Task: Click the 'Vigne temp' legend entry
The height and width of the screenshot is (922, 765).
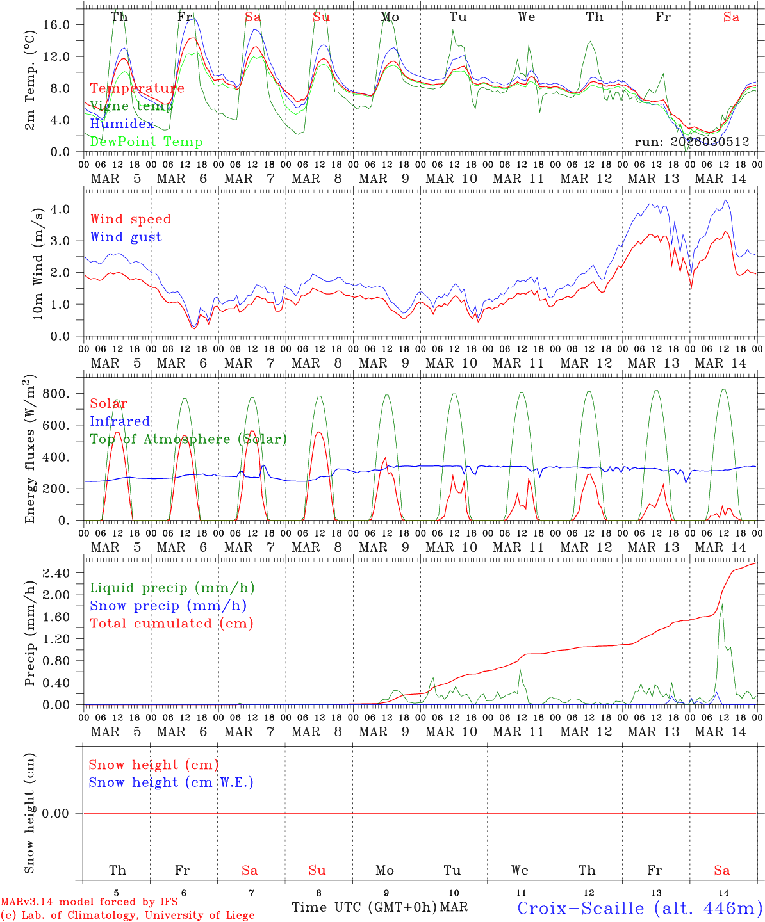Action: click(x=127, y=106)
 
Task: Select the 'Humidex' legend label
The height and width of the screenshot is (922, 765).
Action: click(x=122, y=124)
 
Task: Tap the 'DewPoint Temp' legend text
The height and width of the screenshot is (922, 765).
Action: click(x=146, y=142)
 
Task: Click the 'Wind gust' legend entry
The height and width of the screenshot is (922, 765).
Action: click(x=126, y=237)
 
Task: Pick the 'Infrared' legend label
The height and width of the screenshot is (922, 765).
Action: click(x=120, y=421)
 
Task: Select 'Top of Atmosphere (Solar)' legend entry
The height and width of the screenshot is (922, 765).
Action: click(x=188, y=439)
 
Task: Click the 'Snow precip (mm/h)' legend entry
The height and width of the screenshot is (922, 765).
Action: click(x=168, y=606)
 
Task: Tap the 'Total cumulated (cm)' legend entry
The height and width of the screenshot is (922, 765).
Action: click(x=171, y=624)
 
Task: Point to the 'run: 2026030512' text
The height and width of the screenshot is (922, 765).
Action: click(x=691, y=142)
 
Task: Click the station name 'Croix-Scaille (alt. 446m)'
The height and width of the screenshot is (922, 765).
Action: click(x=639, y=908)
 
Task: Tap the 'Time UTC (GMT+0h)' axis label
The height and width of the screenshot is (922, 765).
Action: click(x=364, y=907)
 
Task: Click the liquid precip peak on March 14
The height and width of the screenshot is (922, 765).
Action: click(x=722, y=604)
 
